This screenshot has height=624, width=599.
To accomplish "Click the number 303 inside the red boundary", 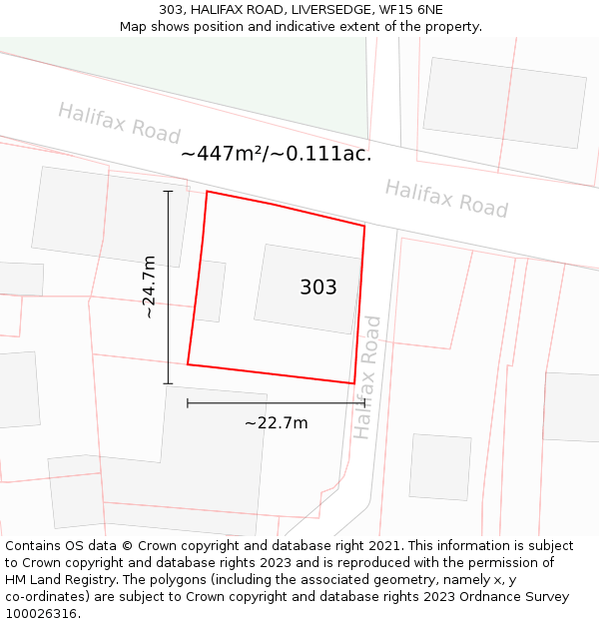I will [318, 288].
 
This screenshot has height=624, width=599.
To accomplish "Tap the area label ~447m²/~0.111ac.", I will [276, 154].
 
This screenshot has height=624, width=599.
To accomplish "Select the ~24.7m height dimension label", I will [149, 287].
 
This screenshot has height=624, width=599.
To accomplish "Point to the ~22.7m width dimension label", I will [277, 422].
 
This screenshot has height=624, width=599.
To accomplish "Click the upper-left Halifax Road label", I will [119, 123].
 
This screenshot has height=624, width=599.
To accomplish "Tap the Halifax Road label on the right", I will [446, 198].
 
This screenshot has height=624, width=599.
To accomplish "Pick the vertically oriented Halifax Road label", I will [366, 377].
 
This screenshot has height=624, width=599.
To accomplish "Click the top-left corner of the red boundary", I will [207, 192].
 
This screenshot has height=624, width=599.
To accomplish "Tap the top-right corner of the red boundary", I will [364, 227].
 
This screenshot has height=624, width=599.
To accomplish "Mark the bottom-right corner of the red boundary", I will [353, 383].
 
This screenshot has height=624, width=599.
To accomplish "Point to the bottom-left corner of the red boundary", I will [188, 364].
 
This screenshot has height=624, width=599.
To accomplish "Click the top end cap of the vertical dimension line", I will [168, 191].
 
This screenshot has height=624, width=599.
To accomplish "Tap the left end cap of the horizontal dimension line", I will [188, 403].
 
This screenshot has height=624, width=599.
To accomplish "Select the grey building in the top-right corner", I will [505, 102].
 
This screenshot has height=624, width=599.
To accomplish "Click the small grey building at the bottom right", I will [440, 466].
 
